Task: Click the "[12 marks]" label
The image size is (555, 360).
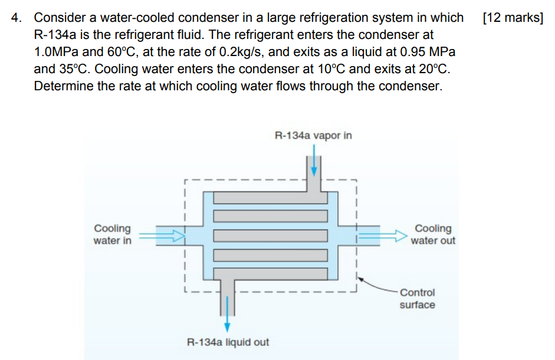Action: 513,18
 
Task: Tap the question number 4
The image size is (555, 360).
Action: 16,18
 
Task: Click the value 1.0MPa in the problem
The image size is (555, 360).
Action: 57,52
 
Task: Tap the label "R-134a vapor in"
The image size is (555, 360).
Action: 313,135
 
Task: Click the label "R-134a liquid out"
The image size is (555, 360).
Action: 228,342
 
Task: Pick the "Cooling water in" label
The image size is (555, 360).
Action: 113,234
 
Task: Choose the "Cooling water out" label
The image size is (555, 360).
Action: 433,234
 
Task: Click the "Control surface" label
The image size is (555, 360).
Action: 417,299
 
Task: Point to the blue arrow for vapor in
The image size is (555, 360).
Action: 314,161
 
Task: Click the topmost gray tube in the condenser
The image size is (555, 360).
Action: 270,198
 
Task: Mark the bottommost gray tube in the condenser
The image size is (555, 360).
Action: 270,274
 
